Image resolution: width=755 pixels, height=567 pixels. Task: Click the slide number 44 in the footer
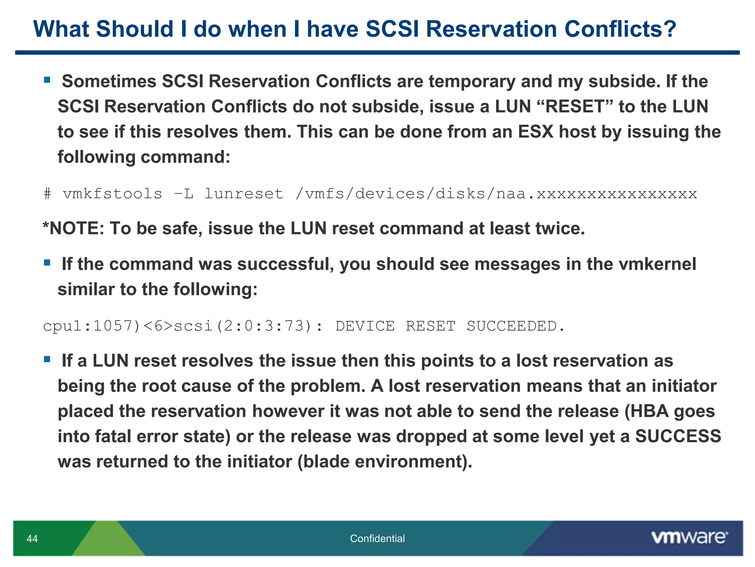coord(32,539)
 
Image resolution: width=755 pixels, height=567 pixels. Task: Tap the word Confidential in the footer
coord(377,539)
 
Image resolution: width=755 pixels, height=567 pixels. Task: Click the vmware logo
coord(689,537)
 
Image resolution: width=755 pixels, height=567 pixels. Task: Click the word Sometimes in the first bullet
coord(109,82)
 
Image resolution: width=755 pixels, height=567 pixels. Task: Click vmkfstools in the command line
coord(112,194)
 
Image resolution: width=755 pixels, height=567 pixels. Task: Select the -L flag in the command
coord(184,194)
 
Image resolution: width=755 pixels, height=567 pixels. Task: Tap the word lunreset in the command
coord(244,194)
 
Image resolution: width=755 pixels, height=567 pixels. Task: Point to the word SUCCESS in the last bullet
coord(678,436)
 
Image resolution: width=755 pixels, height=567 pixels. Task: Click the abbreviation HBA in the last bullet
coord(650,411)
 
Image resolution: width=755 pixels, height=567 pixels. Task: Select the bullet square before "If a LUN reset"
coord(47,359)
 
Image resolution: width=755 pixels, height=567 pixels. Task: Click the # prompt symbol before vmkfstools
coord(47,194)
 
